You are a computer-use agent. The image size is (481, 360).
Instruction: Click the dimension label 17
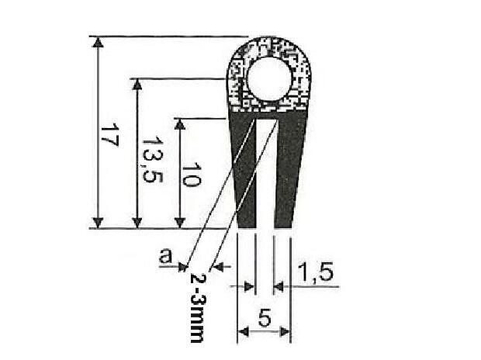[110, 135]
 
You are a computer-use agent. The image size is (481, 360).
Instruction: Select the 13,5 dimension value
[152, 159]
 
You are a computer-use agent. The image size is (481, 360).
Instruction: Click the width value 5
[265, 318]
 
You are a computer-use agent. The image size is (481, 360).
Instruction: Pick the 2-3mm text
[196, 307]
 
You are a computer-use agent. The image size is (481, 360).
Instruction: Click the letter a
[166, 255]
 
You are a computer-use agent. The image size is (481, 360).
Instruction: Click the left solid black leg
[245, 172]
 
